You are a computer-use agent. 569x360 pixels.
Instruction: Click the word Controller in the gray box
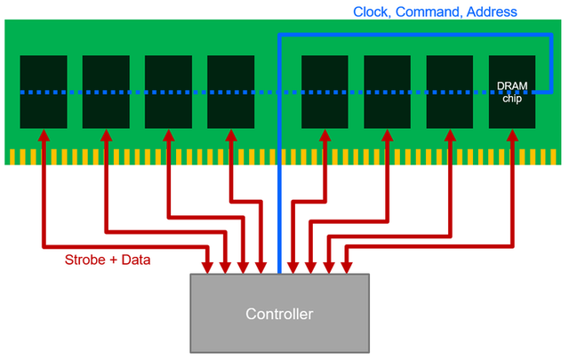coord(279,314)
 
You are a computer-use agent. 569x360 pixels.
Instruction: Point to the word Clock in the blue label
coord(373,12)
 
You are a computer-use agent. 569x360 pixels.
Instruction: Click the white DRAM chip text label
coord(512,92)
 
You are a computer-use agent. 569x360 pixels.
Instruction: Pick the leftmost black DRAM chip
coord(44,92)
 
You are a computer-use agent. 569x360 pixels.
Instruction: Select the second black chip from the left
coord(106,92)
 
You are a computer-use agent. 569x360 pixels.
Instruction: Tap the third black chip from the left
coord(168,92)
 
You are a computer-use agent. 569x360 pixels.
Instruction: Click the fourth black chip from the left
coord(230,92)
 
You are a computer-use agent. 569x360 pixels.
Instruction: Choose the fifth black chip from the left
coord(325,92)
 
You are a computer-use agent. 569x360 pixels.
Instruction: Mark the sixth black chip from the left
coord(387,92)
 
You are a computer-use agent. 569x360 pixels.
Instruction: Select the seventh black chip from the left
coord(449,92)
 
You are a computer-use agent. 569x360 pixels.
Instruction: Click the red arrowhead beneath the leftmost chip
coord(44,136)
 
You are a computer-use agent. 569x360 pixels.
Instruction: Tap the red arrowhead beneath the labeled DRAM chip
coord(512,136)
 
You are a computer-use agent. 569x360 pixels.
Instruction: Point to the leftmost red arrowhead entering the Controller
coord(208,267)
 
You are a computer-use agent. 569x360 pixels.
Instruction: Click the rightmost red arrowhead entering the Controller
coord(346,267)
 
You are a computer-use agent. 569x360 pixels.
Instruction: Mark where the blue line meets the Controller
coord(279,271)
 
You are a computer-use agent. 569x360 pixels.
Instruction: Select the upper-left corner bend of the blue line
coord(280,36)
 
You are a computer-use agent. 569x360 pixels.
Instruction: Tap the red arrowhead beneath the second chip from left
coord(106,136)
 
